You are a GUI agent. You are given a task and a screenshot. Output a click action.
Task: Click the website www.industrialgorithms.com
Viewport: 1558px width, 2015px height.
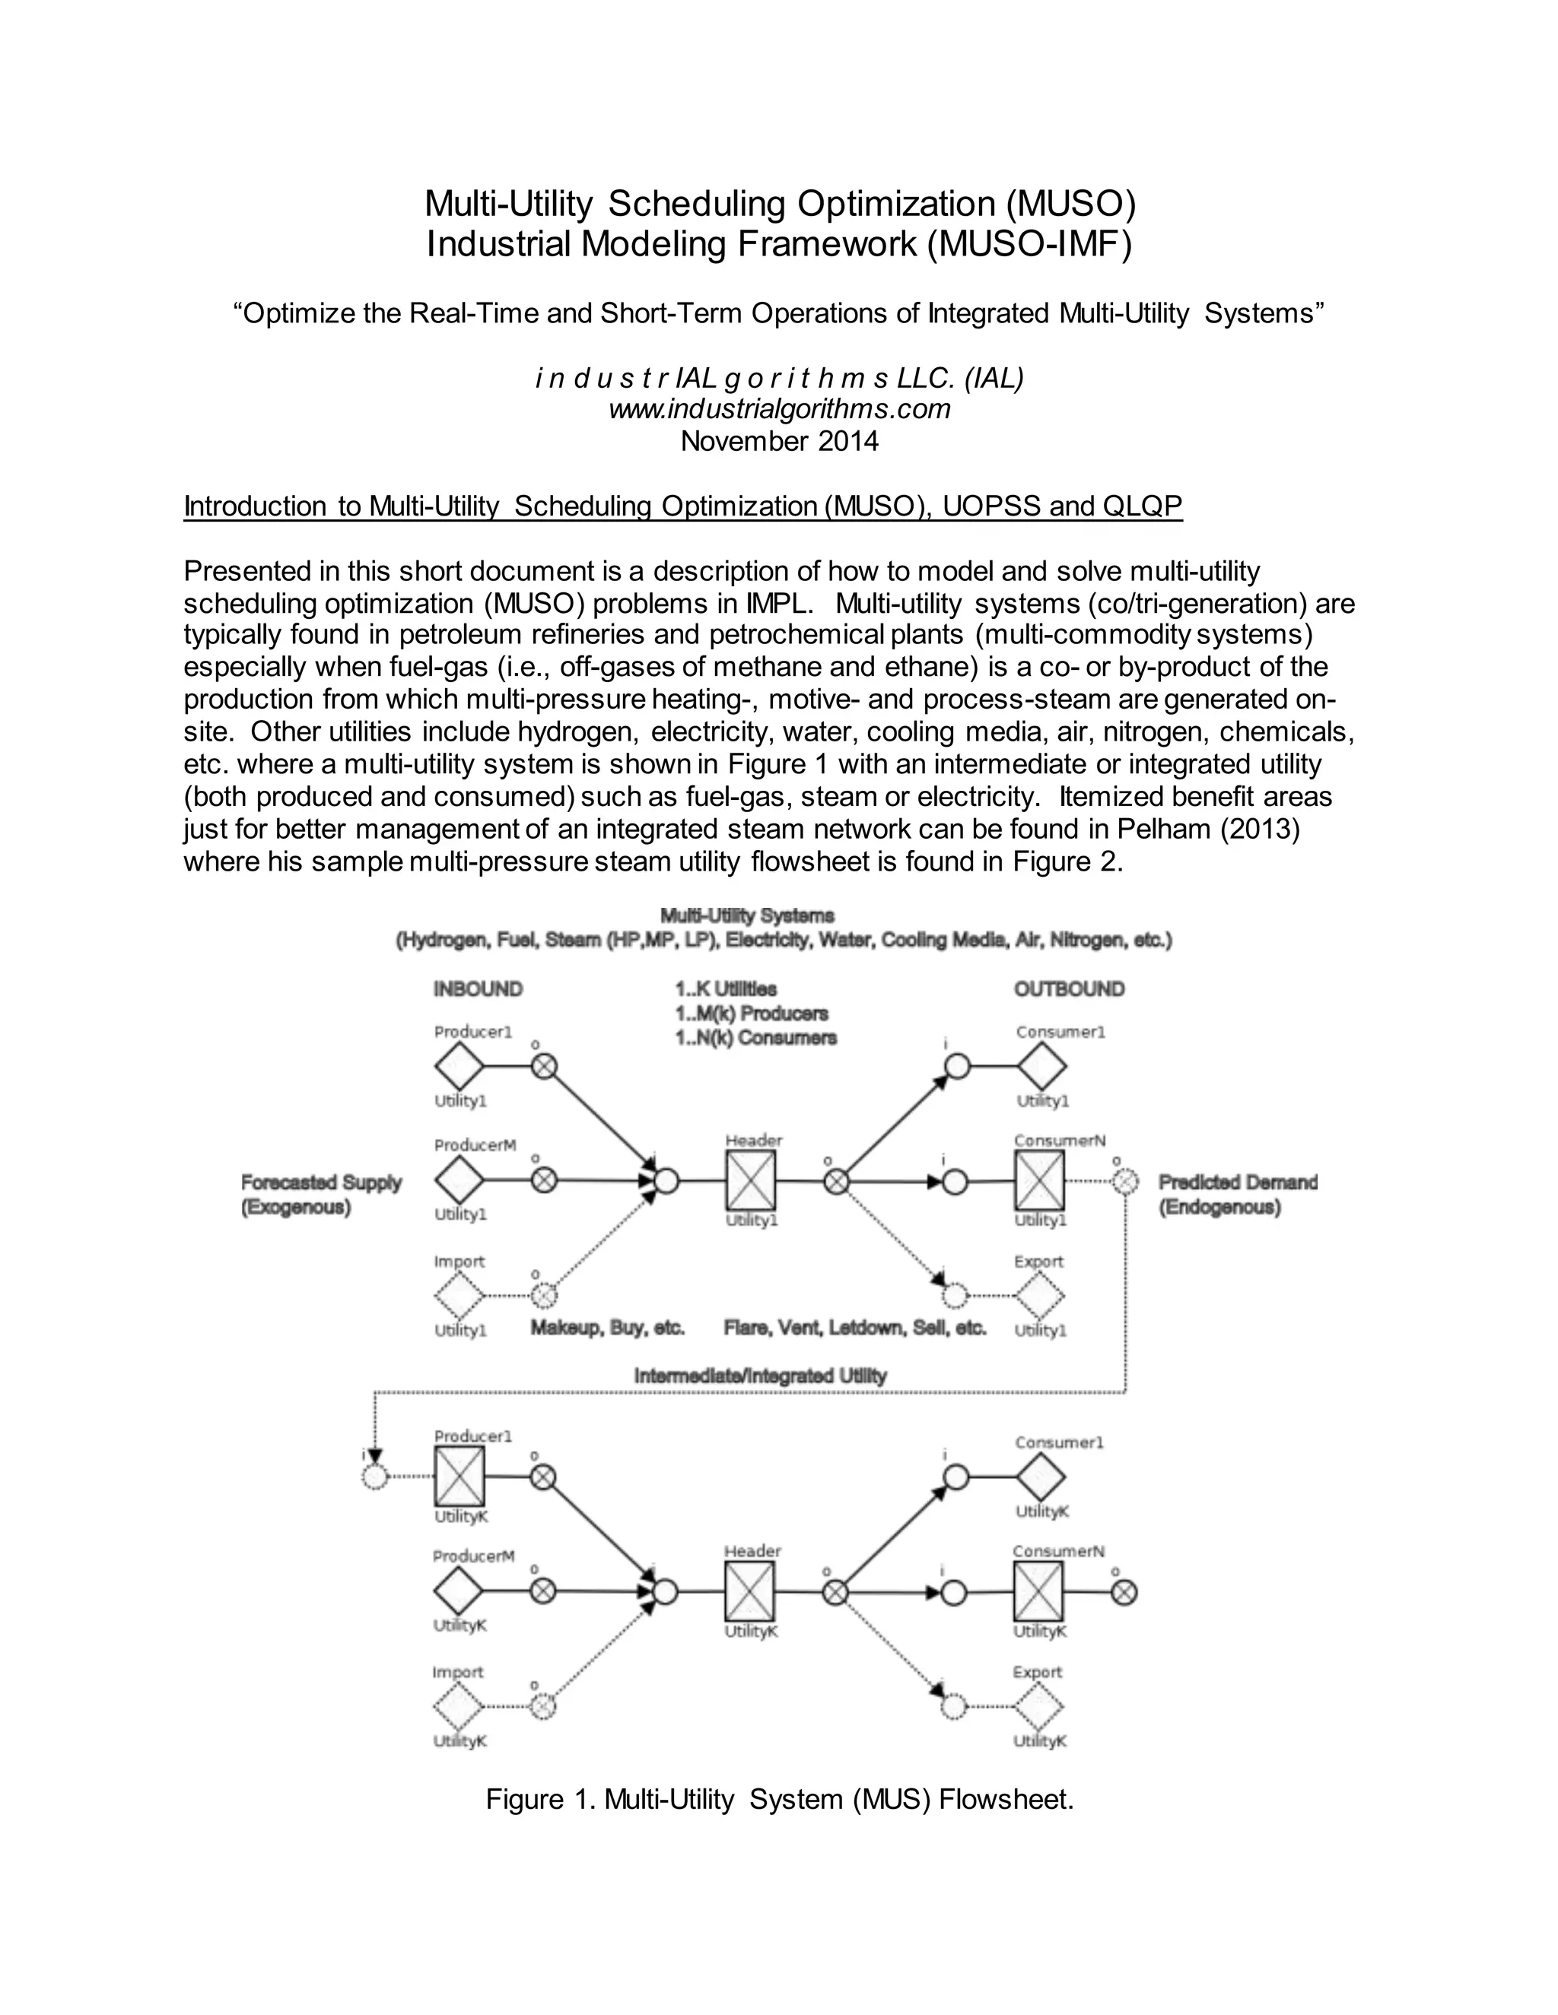779,409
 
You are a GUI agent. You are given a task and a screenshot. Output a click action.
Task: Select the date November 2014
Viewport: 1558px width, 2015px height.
779,441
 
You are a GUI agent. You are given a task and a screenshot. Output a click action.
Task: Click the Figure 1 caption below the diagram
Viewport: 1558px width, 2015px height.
779,1799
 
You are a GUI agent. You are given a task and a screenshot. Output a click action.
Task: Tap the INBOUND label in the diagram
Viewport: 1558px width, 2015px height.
478,989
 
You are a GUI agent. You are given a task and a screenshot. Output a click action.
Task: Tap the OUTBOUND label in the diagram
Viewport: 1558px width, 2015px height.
1069,989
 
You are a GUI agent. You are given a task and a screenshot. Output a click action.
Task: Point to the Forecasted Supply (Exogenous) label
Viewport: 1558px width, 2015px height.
320,1195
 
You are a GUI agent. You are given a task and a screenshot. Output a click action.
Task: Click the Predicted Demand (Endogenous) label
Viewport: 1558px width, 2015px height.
1238,1195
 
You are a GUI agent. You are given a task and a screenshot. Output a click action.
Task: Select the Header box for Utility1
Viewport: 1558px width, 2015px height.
750,1180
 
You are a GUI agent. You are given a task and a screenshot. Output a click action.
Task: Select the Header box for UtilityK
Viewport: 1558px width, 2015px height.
749,1591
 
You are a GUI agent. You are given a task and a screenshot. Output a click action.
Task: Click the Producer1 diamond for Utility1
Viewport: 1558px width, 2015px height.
459,1068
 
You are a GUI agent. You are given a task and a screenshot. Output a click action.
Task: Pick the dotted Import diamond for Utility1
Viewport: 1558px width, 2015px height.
459,1296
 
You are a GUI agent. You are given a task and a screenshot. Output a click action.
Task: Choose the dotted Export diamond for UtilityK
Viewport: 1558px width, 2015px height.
1039,1707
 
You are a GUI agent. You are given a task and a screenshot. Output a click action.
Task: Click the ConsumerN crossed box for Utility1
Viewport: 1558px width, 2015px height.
1039,1181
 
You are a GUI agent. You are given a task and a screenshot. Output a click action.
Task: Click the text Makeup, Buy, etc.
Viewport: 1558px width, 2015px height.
607,1328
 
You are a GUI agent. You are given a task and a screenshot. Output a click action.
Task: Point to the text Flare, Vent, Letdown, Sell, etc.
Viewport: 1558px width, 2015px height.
854,1328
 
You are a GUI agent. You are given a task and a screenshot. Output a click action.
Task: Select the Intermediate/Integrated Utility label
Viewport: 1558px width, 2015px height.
760,1376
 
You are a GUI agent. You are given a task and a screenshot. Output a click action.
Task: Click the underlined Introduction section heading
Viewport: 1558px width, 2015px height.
682,506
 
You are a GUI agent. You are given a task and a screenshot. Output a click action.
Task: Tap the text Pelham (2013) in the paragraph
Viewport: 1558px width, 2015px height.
1207,830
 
